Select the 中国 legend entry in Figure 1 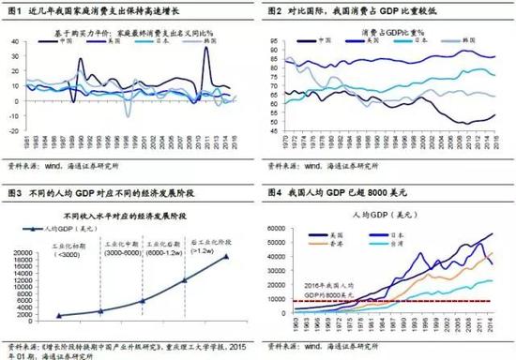67,41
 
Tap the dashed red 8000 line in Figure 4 394,301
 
